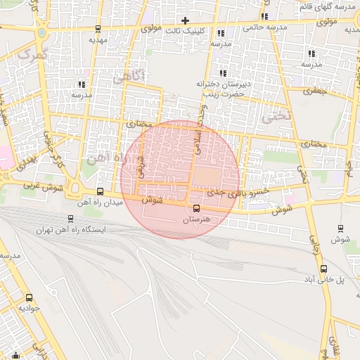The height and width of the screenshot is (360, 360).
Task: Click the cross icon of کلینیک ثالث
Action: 185,20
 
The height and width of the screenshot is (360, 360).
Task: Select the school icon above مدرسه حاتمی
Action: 264,16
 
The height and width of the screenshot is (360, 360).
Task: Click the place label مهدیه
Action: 97,40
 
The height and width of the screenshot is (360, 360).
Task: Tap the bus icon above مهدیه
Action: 97,30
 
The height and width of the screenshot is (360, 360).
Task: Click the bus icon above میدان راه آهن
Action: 100,191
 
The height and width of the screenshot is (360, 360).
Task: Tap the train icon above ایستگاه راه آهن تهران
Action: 70,219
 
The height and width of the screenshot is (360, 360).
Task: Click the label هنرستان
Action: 201,219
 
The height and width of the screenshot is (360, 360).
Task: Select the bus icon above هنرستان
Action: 196,208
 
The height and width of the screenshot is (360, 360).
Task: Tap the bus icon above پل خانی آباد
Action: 323,269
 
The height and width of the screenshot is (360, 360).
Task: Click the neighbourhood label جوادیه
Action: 30,308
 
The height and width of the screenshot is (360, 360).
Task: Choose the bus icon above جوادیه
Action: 29,297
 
